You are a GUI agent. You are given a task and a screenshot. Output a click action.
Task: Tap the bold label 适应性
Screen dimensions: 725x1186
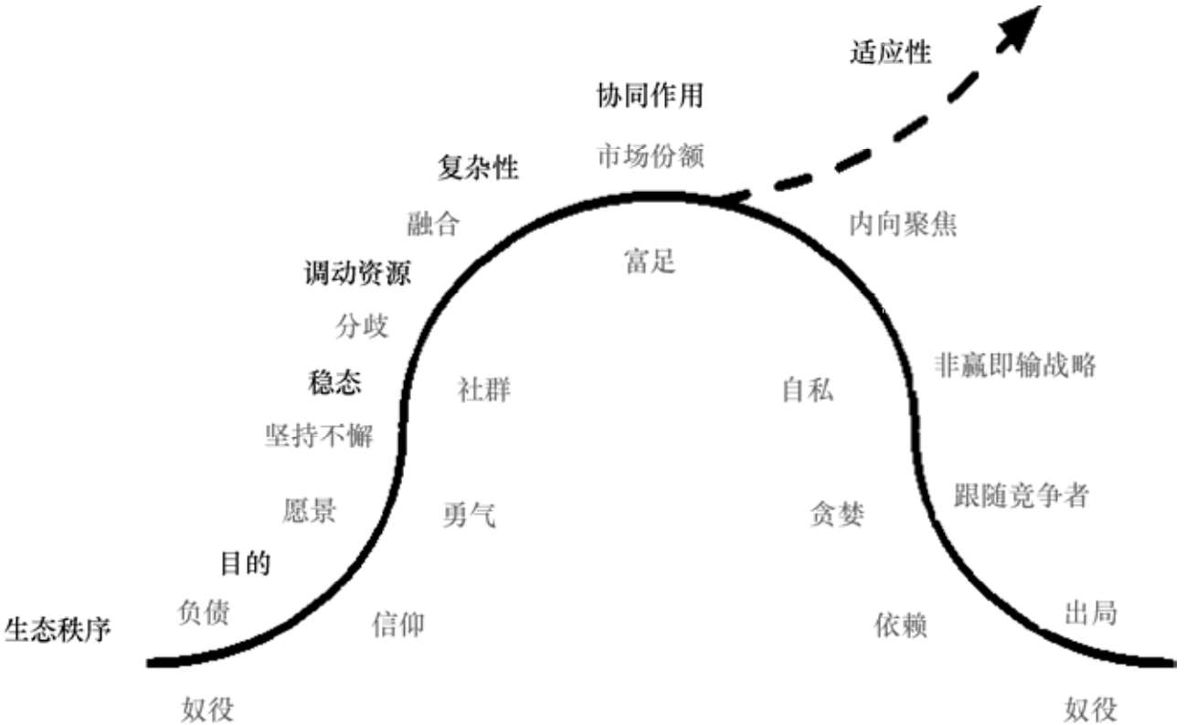[x=890, y=53]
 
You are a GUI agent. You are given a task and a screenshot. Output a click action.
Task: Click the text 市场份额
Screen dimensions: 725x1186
[x=650, y=156]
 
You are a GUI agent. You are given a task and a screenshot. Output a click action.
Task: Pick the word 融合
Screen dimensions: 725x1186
[x=433, y=224]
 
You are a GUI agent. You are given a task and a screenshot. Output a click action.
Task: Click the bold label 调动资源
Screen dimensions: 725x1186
[x=357, y=273]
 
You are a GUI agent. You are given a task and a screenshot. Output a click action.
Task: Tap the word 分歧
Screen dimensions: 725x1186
[x=362, y=326]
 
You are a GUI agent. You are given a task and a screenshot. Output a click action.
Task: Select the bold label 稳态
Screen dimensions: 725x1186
[x=335, y=382]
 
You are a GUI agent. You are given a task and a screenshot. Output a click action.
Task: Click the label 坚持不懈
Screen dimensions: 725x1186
[x=318, y=436]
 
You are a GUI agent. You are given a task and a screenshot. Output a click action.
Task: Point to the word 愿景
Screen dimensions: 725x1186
[x=309, y=511]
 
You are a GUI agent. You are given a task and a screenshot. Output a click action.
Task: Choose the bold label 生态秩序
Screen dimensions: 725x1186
[x=58, y=630]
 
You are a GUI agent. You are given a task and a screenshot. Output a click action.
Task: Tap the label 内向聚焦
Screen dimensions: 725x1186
[x=903, y=224]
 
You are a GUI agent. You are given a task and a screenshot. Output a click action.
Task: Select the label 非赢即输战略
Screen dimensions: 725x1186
[x=1015, y=366]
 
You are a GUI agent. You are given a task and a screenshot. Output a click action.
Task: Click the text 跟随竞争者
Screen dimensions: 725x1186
[x=1022, y=495]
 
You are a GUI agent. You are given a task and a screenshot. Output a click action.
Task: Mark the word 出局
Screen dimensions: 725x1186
[x=1091, y=612]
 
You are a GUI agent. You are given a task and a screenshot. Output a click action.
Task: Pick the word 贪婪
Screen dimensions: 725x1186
[x=837, y=515]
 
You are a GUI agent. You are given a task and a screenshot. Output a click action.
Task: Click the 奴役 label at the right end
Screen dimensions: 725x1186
[x=1091, y=709]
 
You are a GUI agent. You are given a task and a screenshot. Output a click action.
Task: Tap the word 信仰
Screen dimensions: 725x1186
[x=398, y=624]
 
